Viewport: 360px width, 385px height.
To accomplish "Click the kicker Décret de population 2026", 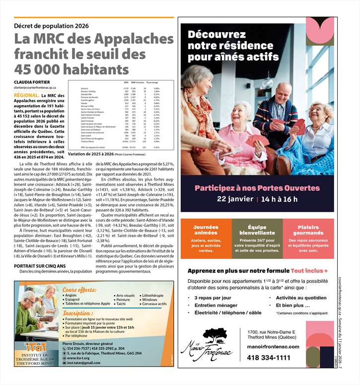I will tap(51, 26).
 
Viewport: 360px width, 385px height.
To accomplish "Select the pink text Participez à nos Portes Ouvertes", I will tap(257, 188).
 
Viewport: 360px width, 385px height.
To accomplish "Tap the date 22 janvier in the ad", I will tap(235, 199).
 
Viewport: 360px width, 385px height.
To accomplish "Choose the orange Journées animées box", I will tap(206, 238).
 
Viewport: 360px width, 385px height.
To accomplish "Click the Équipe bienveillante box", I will tap(257, 238).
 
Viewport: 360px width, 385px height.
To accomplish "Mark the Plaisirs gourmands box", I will tap(308, 238).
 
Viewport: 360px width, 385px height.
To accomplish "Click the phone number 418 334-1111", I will tap(269, 358).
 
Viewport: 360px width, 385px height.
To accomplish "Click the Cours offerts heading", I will tap(79, 290).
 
